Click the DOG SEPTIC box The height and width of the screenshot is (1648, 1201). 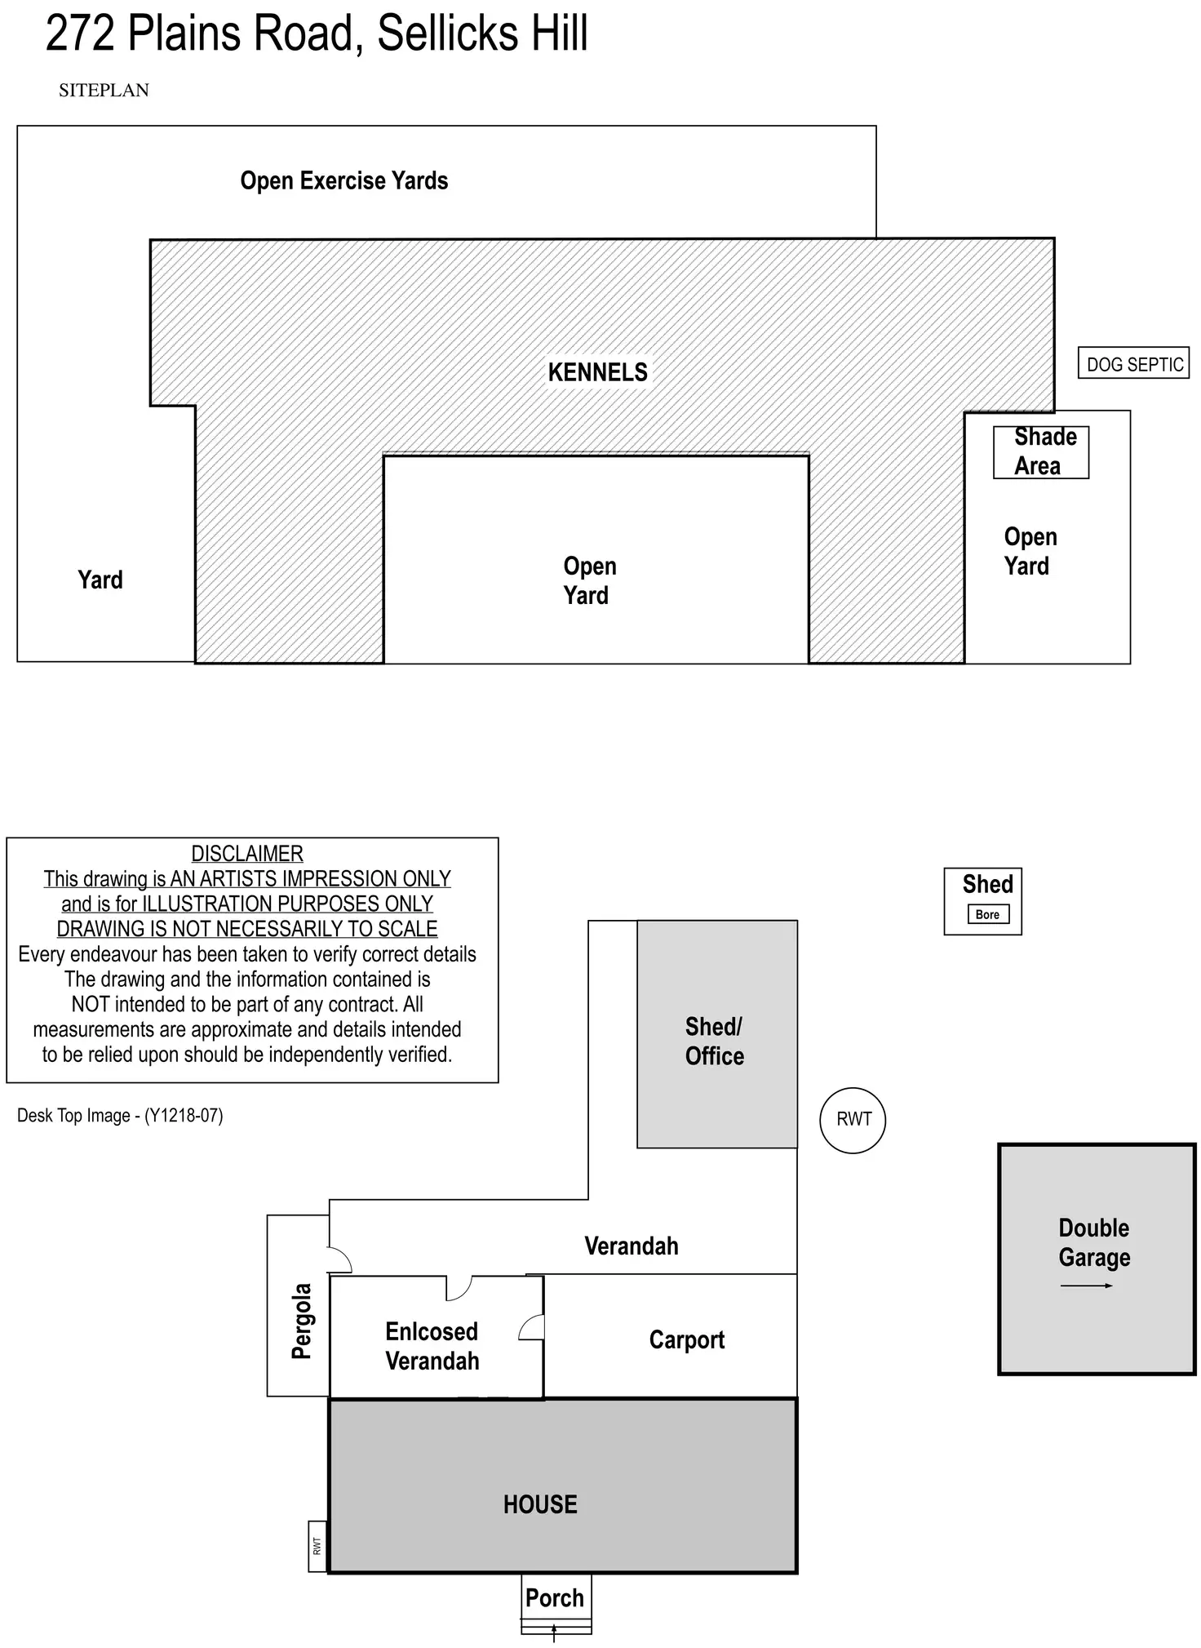coord(1133,363)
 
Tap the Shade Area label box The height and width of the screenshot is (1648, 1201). coord(1041,452)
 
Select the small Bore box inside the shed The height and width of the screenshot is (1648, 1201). coord(987,914)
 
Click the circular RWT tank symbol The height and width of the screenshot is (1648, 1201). coord(853,1119)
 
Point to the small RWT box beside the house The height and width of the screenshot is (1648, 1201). coord(317,1546)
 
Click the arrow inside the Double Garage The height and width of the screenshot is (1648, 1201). coord(1087,1286)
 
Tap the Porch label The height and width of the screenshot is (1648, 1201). coord(555,1597)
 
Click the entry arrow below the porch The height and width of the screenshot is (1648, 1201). coord(555,1632)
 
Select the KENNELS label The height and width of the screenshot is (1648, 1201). coord(597,372)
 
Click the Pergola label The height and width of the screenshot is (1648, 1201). coord(301,1322)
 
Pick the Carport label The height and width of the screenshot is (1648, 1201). coord(687,1339)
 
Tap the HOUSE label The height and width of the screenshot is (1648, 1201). coord(540,1504)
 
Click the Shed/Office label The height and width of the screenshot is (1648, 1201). coord(715,1041)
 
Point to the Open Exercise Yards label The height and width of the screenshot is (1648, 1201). coord(343,180)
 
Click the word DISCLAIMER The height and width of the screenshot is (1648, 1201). coord(247,854)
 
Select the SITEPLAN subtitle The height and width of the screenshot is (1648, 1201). coord(104,91)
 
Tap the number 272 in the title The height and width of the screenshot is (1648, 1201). coord(79,33)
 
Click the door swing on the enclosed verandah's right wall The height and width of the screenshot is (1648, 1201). coord(532,1327)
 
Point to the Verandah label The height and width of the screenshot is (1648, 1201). coord(632,1246)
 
